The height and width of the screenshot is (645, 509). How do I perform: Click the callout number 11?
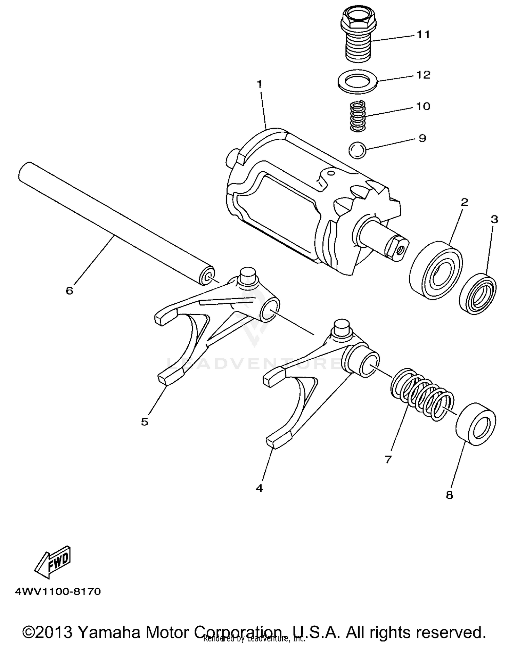tap(423, 35)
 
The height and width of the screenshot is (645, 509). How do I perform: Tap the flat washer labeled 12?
tap(358, 81)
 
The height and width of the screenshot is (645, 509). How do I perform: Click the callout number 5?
tap(145, 422)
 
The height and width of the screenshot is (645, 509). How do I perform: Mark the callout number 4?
tap(259, 488)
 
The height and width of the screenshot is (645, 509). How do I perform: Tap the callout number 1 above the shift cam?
tap(260, 84)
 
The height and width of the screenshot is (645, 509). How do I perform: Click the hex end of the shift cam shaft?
tap(397, 249)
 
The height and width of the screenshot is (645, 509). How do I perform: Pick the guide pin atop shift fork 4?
tap(342, 327)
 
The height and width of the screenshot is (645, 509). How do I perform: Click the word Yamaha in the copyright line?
tap(109, 632)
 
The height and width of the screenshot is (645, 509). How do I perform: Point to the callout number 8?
tap(449, 495)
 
